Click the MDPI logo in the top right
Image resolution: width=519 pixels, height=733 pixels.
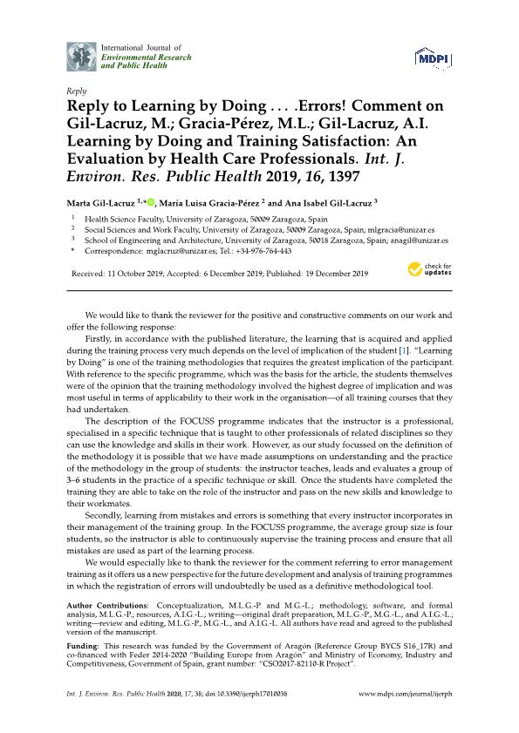tap(433, 58)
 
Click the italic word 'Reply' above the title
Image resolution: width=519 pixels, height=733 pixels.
tap(75, 91)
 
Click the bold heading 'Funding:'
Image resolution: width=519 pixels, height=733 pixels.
tap(85, 648)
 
